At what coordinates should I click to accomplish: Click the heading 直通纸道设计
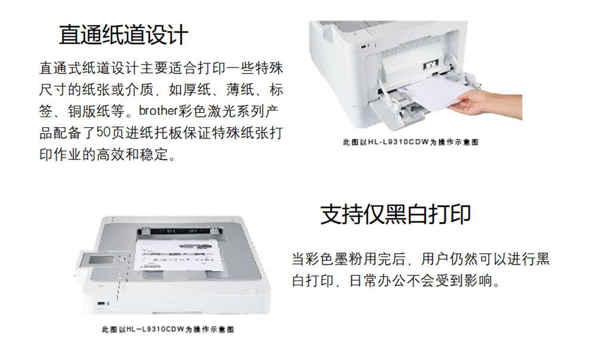click(123, 35)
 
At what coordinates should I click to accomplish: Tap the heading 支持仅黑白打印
click(395, 214)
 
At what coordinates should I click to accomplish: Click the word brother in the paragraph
click(158, 111)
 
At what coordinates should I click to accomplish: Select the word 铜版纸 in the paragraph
click(89, 111)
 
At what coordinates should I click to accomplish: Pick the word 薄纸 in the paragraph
click(240, 90)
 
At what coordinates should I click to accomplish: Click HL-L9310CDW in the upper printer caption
click(398, 142)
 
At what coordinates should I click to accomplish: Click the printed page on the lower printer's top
click(177, 255)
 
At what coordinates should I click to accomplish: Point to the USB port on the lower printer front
click(101, 303)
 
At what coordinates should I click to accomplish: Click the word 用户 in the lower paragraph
click(435, 259)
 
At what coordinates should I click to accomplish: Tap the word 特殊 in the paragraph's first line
click(269, 68)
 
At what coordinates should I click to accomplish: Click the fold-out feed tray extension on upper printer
click(384, 113)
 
